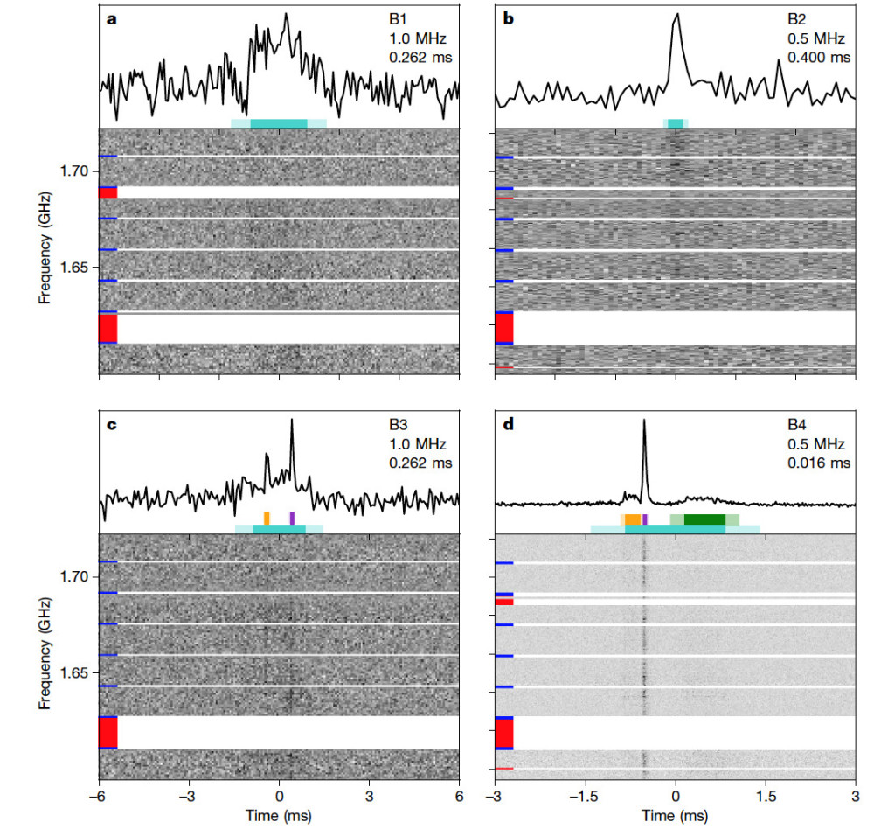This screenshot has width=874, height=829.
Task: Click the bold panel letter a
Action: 111,18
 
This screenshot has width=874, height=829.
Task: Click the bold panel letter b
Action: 508,18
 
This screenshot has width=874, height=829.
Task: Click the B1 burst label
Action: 398,19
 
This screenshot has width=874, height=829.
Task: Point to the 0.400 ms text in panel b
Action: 826,58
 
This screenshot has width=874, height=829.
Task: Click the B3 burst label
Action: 398,426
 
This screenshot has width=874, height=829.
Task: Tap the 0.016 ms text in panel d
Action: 826,463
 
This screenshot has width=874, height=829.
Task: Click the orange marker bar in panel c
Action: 267,517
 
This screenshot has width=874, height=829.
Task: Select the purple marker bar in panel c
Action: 292,517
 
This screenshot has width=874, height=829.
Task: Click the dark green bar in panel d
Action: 704,519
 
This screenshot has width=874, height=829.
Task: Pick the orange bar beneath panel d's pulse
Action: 633,519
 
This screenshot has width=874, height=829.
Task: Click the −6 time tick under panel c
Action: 98,798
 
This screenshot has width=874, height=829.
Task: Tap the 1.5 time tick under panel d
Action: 766,798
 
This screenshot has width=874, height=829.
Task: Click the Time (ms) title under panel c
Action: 280,817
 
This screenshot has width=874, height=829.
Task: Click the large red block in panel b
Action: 503,328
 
